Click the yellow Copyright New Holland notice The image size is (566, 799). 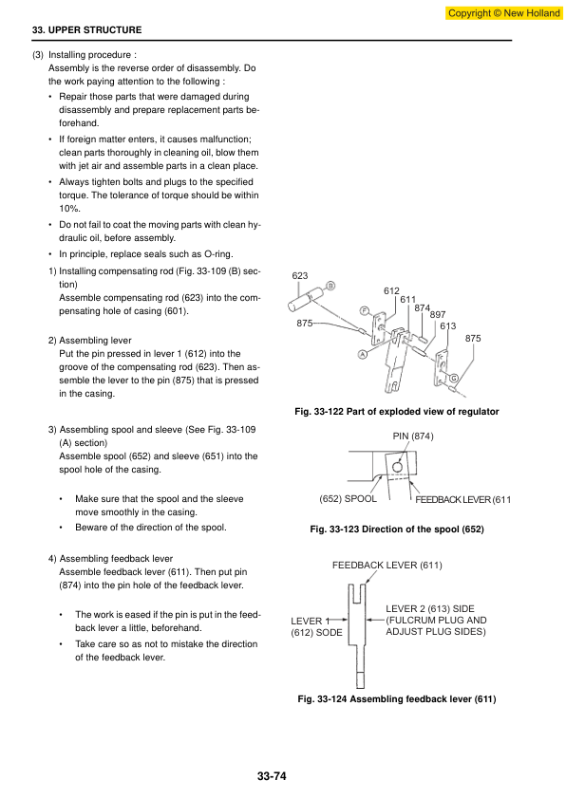tap(503, 12)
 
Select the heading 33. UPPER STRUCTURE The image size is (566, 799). tap(86, 30)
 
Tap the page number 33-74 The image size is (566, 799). tap(272, 776)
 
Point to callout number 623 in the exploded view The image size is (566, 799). tap(300, 276)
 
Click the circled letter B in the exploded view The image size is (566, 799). tap(330, 286)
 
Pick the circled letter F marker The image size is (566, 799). tap(364, 311)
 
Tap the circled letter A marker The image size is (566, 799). tap(363, 354)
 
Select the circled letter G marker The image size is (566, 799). tap(453, 378)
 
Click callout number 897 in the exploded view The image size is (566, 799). tap(438, 315)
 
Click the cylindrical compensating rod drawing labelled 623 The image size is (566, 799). tap(307, 300)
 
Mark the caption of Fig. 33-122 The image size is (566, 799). tap(397, 411)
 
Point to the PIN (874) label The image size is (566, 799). tap(413, 437)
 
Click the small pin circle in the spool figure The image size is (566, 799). tap(398, 467)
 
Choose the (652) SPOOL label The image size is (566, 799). tap(348, 499)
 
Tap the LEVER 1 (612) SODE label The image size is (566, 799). tap(316, 626)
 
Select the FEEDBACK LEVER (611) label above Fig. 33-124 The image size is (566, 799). tap(387, 566)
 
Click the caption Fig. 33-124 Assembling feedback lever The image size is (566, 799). tap(397, 699)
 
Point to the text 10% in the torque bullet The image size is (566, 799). tap(69, 209)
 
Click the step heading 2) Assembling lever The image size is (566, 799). tap(90, 341)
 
